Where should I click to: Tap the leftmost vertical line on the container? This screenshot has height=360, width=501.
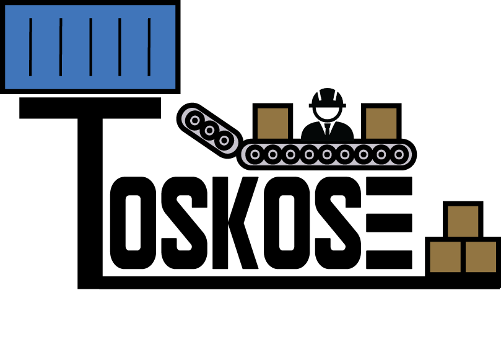pos(30,47)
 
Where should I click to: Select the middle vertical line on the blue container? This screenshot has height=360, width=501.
pos(90,47)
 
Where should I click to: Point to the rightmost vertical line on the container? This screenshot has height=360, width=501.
pos(149,47)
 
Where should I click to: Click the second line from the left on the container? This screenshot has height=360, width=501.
pos(61,47)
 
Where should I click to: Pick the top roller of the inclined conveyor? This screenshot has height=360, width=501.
pos(195,120)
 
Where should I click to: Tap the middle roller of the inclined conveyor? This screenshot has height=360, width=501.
pos(209,130)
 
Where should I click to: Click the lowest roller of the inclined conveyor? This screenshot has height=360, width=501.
pos(224,141)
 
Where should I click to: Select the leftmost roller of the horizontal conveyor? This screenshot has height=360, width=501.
pos(255,154)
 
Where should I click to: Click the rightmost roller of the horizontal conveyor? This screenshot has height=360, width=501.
pos(399,154)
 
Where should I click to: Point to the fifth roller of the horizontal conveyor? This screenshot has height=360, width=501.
pos(327,154)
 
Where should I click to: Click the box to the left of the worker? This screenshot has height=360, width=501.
pos(272,123)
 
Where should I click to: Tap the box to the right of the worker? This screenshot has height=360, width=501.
pos(381,123)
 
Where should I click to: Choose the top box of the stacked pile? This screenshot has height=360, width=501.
pos(463,221)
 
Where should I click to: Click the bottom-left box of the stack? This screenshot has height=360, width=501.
pos(445,257)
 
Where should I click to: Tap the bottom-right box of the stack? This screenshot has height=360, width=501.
pos(481,257)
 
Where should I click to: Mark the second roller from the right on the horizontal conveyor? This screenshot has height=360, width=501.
pos(381,154)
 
